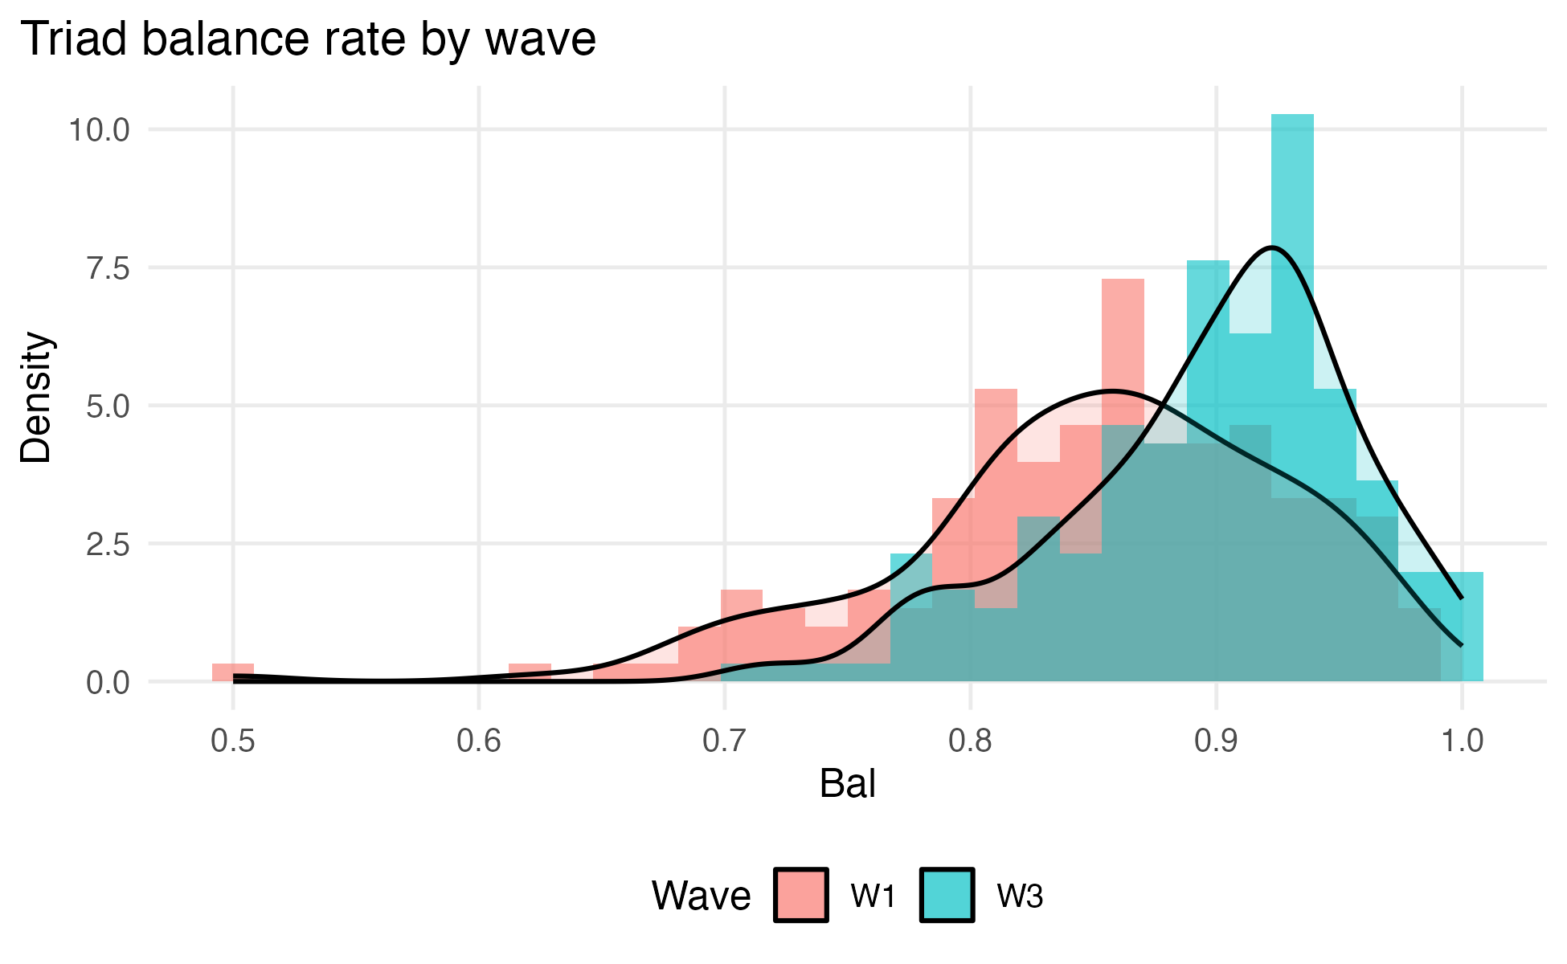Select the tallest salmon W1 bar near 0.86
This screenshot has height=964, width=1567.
pyautogui.click(x=1123, y=345)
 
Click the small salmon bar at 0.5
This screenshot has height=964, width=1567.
pyautogui.click(x=233, y=672)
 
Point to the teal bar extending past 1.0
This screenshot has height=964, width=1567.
pyautogui.click(x=1462, y=627)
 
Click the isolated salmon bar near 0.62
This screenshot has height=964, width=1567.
pyautogui.click(x=530, y=672)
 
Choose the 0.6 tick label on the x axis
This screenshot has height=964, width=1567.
pyautogui.click(x=479, y=741)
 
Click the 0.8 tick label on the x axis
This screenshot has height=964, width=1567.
pyautogui.click(x=971, y=741)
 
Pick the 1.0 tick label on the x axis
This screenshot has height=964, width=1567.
pyautogui.click(x=1462, y=741)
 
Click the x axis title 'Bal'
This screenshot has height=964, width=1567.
pyautogui.click(x=847, y=784)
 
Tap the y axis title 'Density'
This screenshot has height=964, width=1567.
pyautogui.click(x=36, y=398)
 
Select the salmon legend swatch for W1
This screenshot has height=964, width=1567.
pyautogui.click(x=801, y=895)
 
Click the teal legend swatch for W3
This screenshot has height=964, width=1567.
pyautogui.click(x=947, y=895)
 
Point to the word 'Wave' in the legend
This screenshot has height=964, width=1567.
pyautogui.click(x=701, y=895)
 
